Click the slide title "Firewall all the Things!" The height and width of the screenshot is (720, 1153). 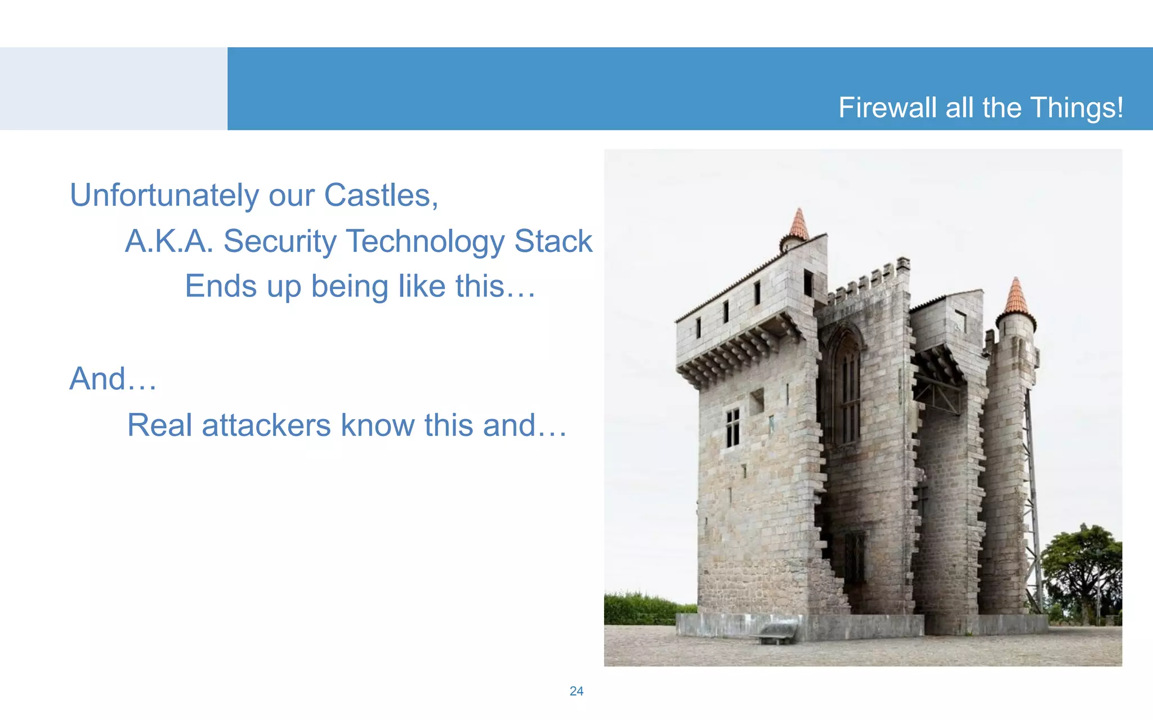[x=980, y=107]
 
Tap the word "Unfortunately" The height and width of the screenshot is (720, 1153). [x=164, y=196]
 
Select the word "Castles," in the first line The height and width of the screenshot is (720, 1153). [x=381, y=196]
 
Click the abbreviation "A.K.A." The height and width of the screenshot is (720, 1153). [x=169, y=241]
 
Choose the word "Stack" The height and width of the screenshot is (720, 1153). [x=553, y=241]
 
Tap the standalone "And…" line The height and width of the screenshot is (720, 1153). [x=113, y=379]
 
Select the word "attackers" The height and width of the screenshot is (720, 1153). [x=266, y=425]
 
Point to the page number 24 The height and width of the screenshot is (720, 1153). [x=576, y=691]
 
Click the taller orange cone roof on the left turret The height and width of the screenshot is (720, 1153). [x=798, y=224]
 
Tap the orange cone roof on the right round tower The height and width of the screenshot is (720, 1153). [x=1016, y=297]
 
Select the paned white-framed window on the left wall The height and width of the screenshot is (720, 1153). [x=732, y=427]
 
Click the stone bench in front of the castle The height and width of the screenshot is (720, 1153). [x=777, y=633]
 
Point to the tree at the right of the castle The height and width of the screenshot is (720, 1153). [x=1082, y=568]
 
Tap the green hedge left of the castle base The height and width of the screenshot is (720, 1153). [x=647, y=609]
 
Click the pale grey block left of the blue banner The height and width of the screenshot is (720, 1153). [x=113, y=88]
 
